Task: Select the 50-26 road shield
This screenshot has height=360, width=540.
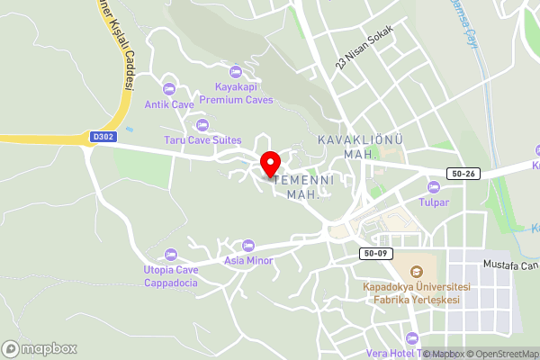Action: (x=460, y=173)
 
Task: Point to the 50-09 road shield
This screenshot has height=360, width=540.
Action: (x=375, y=253)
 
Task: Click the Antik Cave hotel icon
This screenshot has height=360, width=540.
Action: (x=168, y=88)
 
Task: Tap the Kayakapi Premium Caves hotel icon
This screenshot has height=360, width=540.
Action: (x=236, y=71)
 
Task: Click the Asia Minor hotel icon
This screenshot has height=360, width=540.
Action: (x=249, y=246)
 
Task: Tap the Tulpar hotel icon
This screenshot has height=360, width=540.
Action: (x=434, y=187)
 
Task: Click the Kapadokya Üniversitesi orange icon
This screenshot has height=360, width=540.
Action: (x=416, y=271)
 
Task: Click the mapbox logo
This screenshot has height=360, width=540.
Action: (x=40, y=348)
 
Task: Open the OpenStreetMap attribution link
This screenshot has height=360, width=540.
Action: (x=503, y=354)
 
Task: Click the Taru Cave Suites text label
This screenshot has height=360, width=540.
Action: (x=202, y=140)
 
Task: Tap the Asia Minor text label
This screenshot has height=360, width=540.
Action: (x=249, y=261)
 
